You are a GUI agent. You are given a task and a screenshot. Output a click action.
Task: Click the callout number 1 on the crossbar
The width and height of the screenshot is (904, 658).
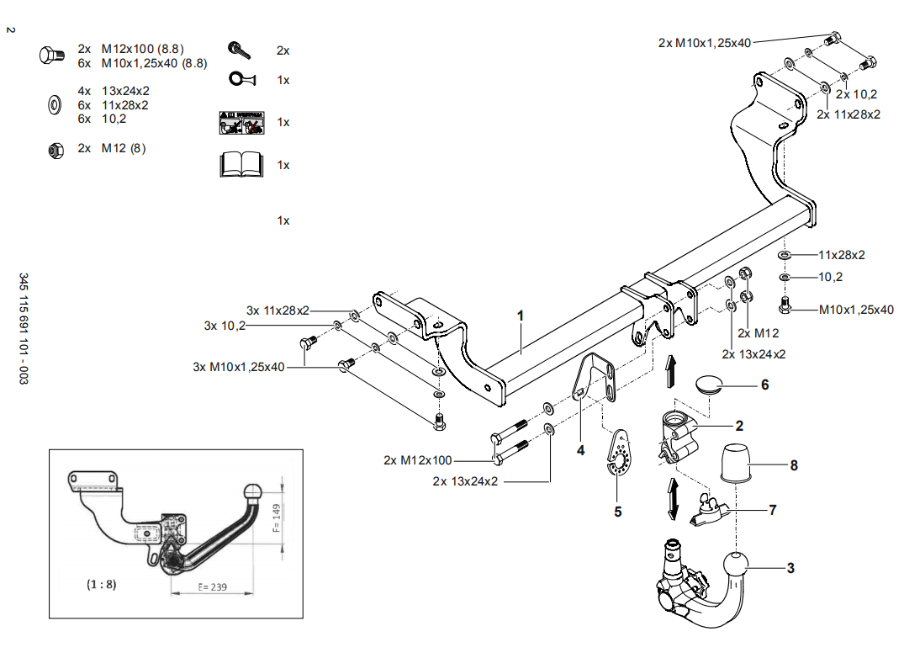click(521, 316)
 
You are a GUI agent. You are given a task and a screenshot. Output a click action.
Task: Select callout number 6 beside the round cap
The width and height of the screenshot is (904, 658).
click(764, 385)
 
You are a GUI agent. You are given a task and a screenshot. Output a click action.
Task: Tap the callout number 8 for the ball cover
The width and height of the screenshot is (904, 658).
click(793, 465)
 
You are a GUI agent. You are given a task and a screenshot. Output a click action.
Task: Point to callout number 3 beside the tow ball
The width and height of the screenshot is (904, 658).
click(790, 569)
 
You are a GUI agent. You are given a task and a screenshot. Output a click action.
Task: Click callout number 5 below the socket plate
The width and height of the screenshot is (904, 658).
click(618, 511)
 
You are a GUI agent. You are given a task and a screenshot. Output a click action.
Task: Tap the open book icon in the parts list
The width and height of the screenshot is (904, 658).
click(242, 164)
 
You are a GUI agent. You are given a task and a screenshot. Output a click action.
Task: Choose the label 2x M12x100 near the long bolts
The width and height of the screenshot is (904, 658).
click(418, 460)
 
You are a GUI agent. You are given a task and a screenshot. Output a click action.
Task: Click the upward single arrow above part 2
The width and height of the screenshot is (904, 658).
click(670, 370)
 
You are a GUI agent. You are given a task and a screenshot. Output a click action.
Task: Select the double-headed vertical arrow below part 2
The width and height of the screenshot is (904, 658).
click(672, 498)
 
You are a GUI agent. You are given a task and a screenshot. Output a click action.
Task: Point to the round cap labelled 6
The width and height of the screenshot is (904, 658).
click(711, 385)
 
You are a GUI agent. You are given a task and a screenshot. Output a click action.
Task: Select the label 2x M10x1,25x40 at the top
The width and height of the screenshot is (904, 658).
click(705, 43)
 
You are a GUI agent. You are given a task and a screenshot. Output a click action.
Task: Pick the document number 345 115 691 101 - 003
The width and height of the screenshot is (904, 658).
click(24, 330)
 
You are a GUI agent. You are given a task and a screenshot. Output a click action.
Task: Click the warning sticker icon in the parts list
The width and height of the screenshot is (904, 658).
click(241, 123)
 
